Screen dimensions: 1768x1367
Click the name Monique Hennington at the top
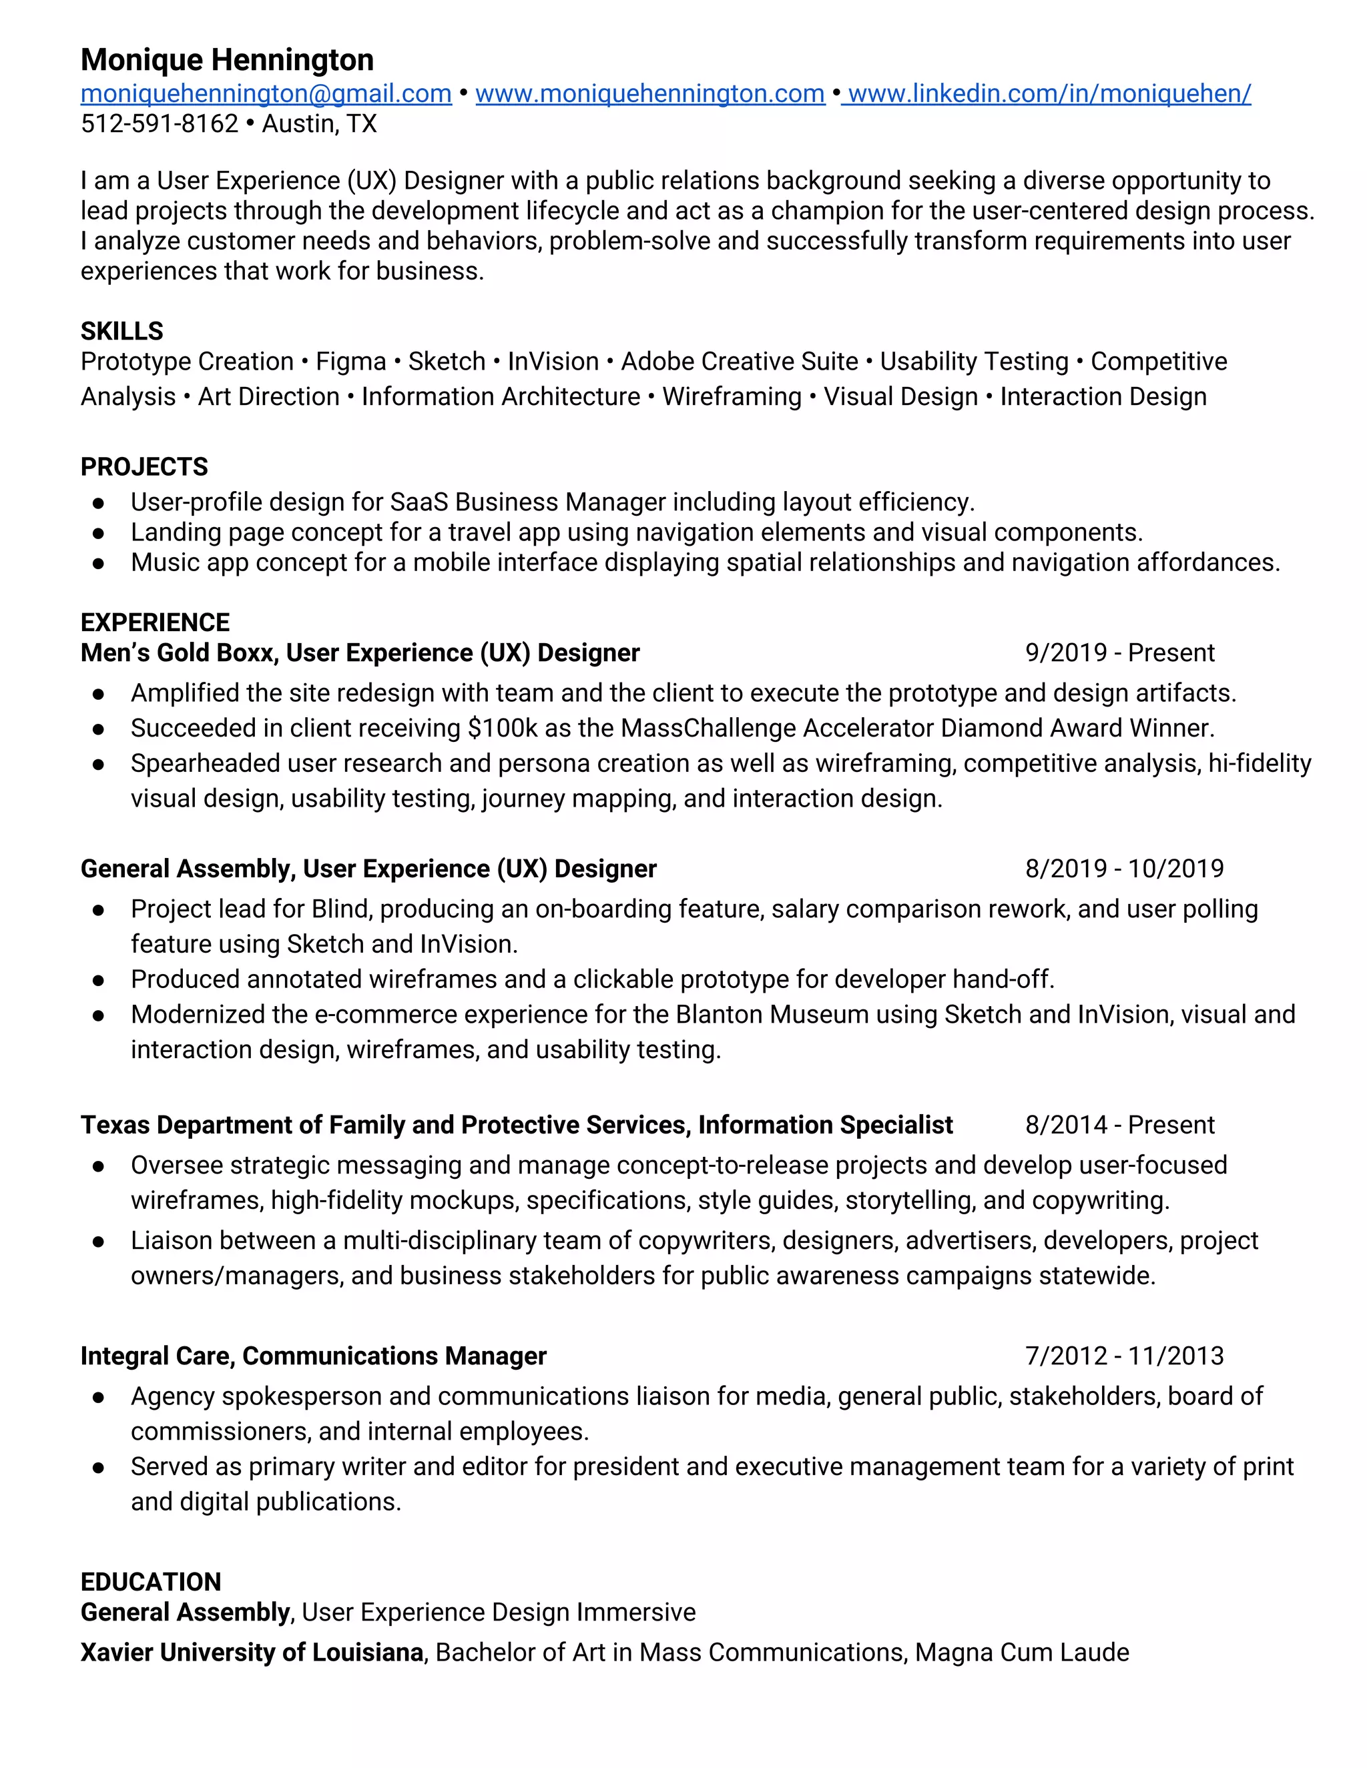pos(227,60)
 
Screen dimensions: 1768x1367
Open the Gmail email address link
pos(266,94)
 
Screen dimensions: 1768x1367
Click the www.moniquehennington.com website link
pos(649,94)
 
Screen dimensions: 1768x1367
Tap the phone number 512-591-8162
pos(160,124)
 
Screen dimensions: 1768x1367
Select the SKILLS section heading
pos(121,331)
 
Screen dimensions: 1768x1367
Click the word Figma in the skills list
pos(350,361)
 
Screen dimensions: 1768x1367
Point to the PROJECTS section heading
pos(144,467)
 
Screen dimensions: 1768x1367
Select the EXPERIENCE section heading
pos(155,622)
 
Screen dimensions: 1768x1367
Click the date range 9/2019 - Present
pos(1119,652)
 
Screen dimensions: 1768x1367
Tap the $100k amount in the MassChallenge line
pos(503,729)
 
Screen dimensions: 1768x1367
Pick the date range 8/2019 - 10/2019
pos(1124,869)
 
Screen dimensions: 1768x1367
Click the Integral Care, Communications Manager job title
pos(314,1355)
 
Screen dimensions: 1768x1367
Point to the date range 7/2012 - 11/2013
pos(1124,1355)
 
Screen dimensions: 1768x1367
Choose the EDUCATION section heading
pos(151,1582)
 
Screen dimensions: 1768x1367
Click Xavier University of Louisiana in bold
pos(252,1652)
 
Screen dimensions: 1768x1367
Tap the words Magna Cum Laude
pos(1021,1652)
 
